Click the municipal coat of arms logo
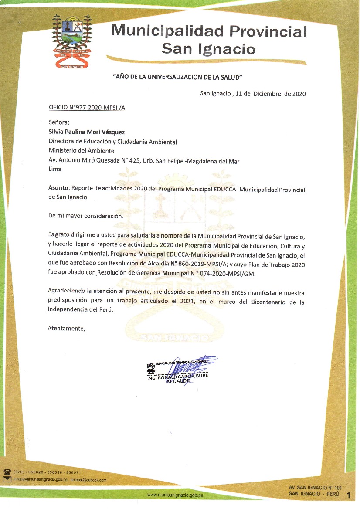click(72, 41)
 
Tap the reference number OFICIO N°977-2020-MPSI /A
click(87, 107)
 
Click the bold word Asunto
click(58, 188)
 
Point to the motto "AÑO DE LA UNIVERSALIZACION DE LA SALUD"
click(178, 77)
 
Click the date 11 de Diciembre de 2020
click(270, 94)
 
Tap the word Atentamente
click(66, 328)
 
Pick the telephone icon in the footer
click(7, 472)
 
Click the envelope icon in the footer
click(7, 479)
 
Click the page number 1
click(348, 495)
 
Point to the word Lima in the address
click(55, 169)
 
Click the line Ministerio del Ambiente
click(82, 151)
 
